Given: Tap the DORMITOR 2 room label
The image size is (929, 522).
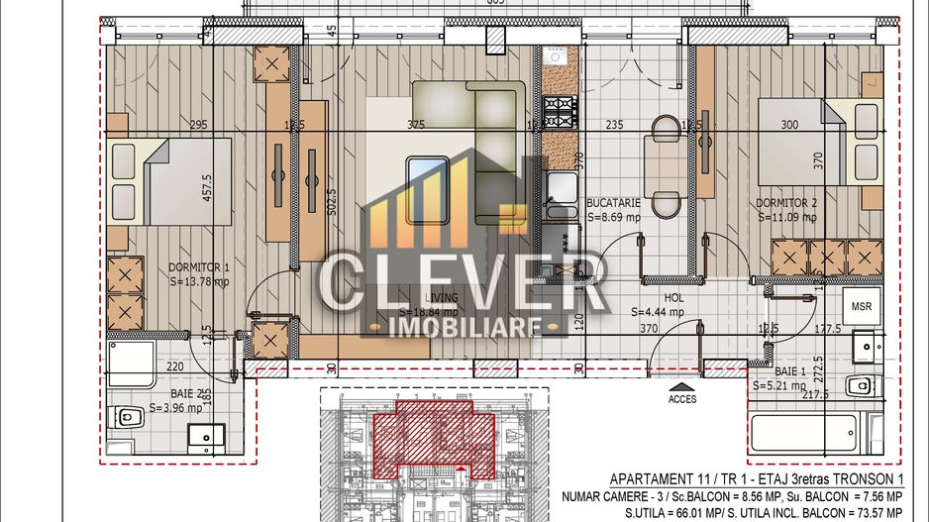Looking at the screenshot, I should [787, 201].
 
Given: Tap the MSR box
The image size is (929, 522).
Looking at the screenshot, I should [862, 306].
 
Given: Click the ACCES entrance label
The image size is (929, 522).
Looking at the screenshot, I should [682, 399].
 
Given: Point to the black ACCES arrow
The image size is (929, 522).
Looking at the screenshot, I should [681, 386].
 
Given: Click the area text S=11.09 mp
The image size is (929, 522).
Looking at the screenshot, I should [787, 216].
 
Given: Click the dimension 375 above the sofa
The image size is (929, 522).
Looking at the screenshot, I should [416, 125].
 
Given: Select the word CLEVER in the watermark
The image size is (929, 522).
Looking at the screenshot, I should [461, 283].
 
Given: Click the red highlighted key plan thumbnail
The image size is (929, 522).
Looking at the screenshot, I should [433, 436].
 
